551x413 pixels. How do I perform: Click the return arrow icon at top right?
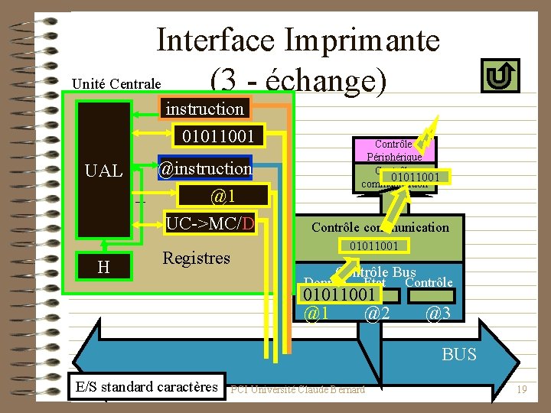pos(501,76)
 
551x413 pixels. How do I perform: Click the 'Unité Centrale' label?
pos(116,83)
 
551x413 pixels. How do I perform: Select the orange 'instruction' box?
pos(204,109)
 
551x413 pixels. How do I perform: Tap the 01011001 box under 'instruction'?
pos(217,138)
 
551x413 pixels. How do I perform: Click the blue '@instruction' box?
pos(204,167)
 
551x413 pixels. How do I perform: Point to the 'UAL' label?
pos(104,171)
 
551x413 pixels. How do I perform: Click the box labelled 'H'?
pos(103,265)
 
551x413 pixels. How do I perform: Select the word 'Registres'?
pos(196,258)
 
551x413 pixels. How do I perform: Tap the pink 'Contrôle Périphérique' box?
pos(393,150)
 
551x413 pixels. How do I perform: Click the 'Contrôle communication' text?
pos(380,227)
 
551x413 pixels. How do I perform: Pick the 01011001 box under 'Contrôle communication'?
pos(374,246)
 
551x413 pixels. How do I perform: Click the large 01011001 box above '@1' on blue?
pos(340,295)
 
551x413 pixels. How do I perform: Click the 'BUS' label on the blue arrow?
pos(459,354)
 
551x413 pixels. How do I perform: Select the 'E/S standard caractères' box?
pos(147,386)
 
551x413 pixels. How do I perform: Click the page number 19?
pos(522,390)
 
